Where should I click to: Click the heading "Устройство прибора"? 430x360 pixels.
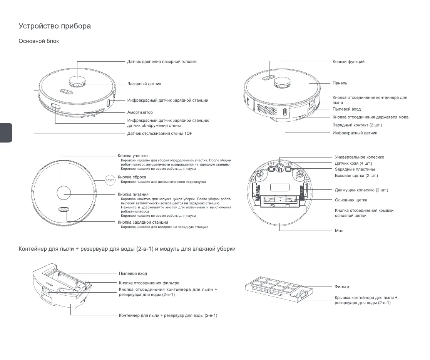point(55,26)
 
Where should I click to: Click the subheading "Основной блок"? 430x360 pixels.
point(39,41)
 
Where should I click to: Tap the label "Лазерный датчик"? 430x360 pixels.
point(144,84)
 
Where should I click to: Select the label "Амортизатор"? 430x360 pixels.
point(140,112)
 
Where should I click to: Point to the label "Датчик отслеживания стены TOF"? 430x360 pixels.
point(160,134)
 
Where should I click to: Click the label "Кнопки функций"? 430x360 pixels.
point(348,62)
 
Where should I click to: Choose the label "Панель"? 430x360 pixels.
point(340,83)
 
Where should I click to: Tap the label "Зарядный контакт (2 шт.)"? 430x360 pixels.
point(357,125)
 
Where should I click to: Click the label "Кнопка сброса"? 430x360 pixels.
point(132,177)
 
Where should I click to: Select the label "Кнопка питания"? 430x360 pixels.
point(133,194)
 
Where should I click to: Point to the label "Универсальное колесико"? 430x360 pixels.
point(359,157)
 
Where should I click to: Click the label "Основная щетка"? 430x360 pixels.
point(351,200)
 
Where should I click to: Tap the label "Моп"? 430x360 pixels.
point(339,231)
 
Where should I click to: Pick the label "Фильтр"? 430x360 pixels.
point(342,287)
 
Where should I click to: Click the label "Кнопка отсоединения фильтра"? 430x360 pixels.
point(149,283)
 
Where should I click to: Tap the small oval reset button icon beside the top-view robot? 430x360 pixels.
point(110,180)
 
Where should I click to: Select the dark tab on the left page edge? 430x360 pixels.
point(6,133)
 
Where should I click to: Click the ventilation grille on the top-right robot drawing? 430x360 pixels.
point(267,109)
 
